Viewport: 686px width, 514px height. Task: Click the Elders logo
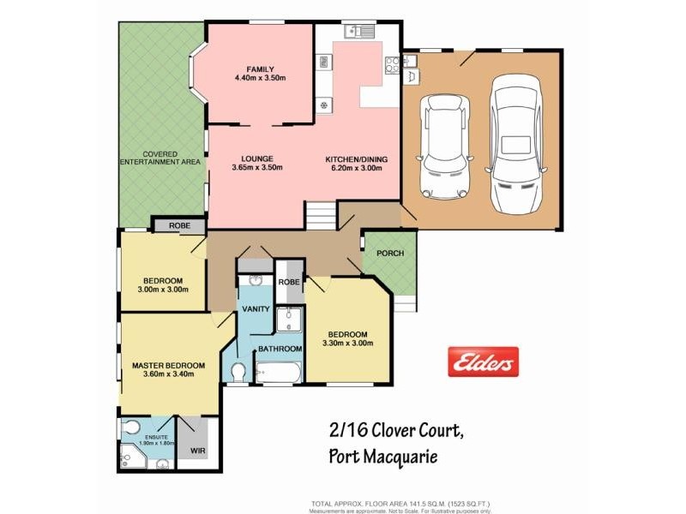click(483, 362)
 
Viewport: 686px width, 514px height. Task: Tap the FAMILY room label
click(259, 69)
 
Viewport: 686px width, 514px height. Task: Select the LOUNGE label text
click(257, 158)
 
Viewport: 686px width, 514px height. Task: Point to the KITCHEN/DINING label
click(357, 159)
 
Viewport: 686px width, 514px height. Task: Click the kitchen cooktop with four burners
click(392, 62)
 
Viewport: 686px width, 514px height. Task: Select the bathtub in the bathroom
click(280, 373)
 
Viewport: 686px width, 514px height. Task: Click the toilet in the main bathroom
click(239, 370)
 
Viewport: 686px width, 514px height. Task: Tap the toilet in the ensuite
click(131, 427)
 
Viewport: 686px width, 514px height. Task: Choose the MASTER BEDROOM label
click(168, 366)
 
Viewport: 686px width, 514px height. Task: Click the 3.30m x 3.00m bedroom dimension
click(346, 344)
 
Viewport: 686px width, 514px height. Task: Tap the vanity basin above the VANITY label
click(255, 280)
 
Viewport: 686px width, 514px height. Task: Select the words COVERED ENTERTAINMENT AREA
click(161, 158)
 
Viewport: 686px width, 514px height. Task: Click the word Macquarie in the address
click(400, 457)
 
